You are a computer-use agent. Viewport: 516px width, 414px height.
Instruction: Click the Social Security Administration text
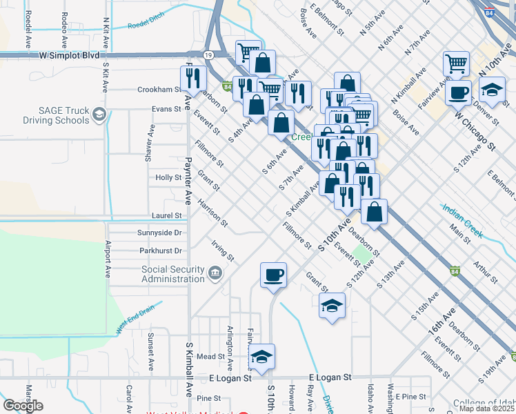tap(173, 274)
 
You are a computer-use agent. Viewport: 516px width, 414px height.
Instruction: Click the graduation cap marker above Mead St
tap(261, 357)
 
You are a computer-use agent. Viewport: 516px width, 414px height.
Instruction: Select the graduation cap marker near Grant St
tap(332, 305)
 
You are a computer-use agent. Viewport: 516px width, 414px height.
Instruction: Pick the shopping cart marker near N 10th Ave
tap(457, 63)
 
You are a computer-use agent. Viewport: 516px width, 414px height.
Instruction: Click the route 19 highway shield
tap(208, 55)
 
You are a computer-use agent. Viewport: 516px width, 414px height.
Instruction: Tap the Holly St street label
tap(168, 177)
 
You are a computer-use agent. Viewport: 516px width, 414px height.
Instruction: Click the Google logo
tap(23, 406)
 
